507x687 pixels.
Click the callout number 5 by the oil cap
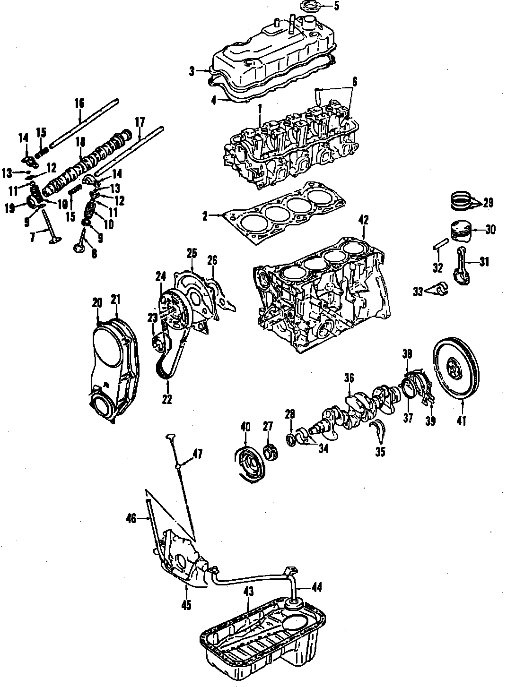tap(336, 6)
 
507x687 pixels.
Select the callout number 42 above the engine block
tap(363, 220)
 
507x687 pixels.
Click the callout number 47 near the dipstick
tap(197, 455)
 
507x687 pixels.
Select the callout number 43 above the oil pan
tap(249, 592)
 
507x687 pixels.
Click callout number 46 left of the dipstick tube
tap(131, 519)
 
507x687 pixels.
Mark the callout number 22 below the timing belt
tap(166, 399)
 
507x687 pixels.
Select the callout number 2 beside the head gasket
tap(205, 217)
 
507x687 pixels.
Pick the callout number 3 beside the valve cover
tap(192, 72)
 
